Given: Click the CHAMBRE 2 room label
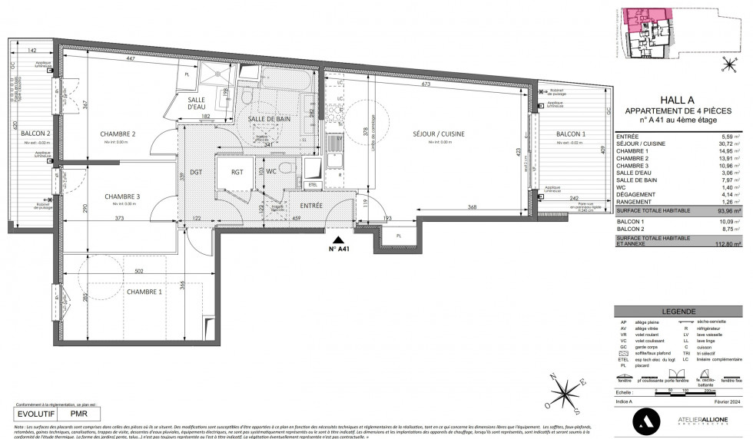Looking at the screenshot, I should pos(118,134).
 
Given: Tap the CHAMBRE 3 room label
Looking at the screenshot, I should pos(122,196).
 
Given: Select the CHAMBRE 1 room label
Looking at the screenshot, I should pos(144,292).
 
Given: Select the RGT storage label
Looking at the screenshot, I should pos(237,172).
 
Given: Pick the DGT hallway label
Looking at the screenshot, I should pos(196,172).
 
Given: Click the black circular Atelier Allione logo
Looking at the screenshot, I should pos(644,420).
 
